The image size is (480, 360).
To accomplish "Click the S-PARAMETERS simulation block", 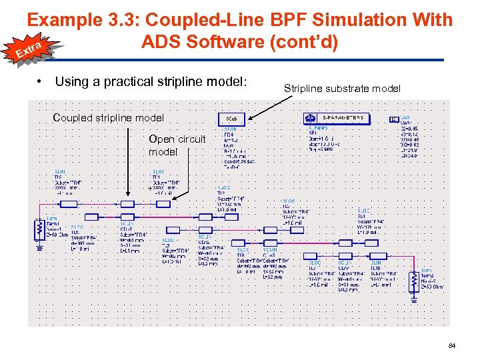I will pos(343,118).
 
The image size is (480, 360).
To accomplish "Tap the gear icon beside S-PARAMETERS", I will pos(312,118).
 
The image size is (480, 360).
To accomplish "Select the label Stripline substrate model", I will pos(342,88).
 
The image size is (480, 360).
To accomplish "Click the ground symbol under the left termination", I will pos(39,247).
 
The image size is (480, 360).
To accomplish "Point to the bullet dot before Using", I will pos(41,81).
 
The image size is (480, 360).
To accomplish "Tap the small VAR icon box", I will pos(394,119).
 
